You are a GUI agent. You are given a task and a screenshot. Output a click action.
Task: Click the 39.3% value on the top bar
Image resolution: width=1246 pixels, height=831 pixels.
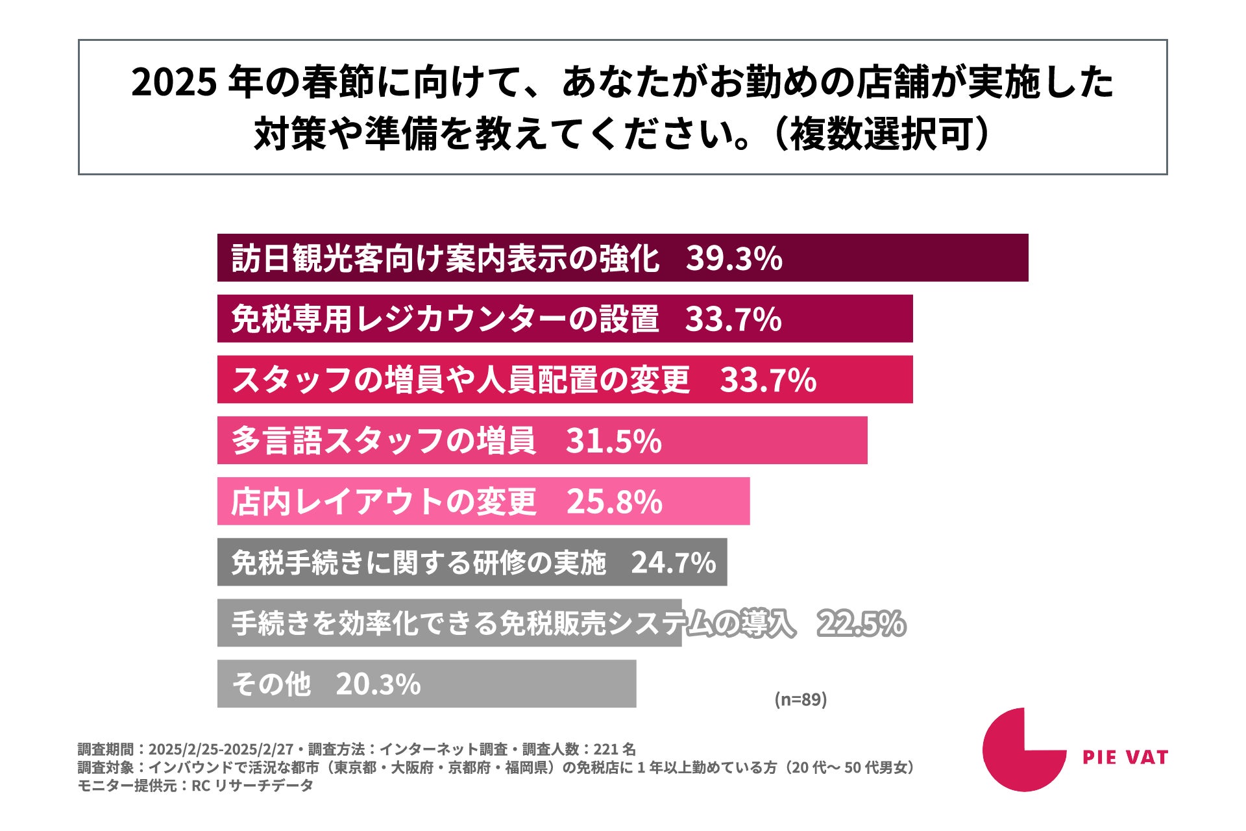tap(734, 258)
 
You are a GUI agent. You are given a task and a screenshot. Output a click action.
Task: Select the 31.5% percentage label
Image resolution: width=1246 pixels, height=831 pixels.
tap(613, 441)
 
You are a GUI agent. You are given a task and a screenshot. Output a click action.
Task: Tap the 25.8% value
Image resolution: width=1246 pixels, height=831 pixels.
tap(614, 501)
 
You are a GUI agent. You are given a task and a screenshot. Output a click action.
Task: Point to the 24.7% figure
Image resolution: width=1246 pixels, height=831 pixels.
tap(673, 563)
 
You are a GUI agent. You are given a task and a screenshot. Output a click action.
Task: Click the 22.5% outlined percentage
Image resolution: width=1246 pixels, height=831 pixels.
tap(861, 623)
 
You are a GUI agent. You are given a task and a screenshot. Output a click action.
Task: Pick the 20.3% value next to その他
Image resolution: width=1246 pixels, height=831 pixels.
tap(378, 684)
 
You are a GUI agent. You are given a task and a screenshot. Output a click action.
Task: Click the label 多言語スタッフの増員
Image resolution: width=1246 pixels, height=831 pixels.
tap(384, 441)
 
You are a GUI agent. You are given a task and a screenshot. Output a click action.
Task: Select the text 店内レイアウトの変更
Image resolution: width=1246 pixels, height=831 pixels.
tap(384, 501)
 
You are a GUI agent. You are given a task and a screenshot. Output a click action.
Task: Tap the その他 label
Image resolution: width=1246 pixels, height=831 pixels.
tap(271, 684)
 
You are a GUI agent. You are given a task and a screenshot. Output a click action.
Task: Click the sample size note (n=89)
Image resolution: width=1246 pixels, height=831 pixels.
tap(801, 699)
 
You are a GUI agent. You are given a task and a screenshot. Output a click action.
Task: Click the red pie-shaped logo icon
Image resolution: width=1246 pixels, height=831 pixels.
tap(1024, 750)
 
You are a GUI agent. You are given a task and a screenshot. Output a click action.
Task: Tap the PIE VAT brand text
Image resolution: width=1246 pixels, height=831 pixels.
tap(1125, 757)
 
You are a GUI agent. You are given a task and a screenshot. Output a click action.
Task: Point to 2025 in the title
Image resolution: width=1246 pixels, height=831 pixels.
tap(173, 83)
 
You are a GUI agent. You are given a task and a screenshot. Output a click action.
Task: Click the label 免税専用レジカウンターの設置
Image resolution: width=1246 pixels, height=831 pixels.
tap(445, 319)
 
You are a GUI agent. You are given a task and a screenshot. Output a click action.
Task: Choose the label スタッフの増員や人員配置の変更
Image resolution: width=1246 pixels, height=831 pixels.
tap(461, 380)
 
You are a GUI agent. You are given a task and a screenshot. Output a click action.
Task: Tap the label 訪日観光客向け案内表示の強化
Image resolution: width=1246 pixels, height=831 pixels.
tap(446, 258)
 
